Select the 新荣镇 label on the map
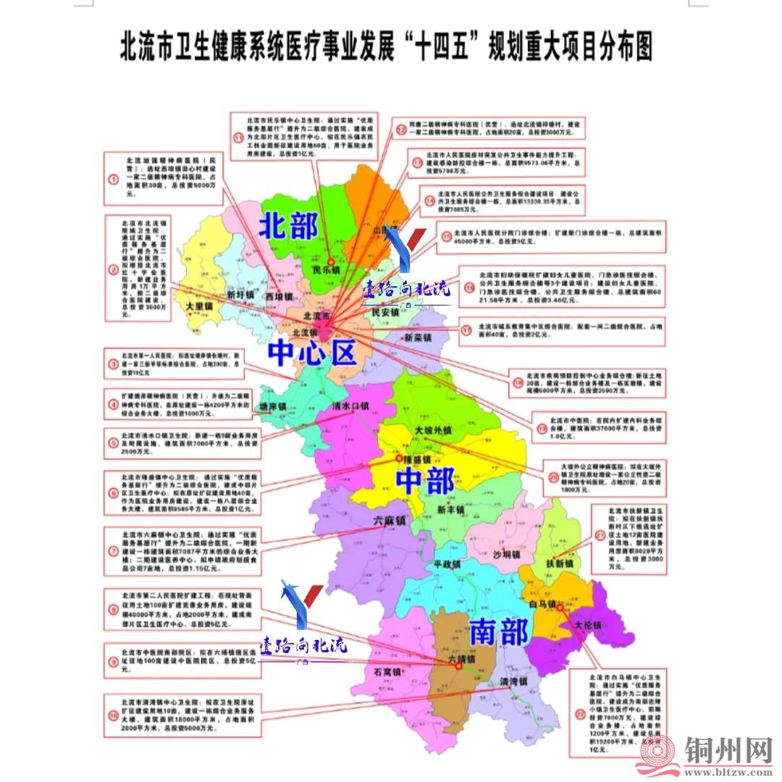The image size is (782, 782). [419, 338]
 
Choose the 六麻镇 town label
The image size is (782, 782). [390, 521]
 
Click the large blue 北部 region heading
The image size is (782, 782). [289, 227]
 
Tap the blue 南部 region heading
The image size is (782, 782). [499, 632]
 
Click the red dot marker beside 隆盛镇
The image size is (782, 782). [398, 458]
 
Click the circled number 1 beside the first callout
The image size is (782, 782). [112, 178]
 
